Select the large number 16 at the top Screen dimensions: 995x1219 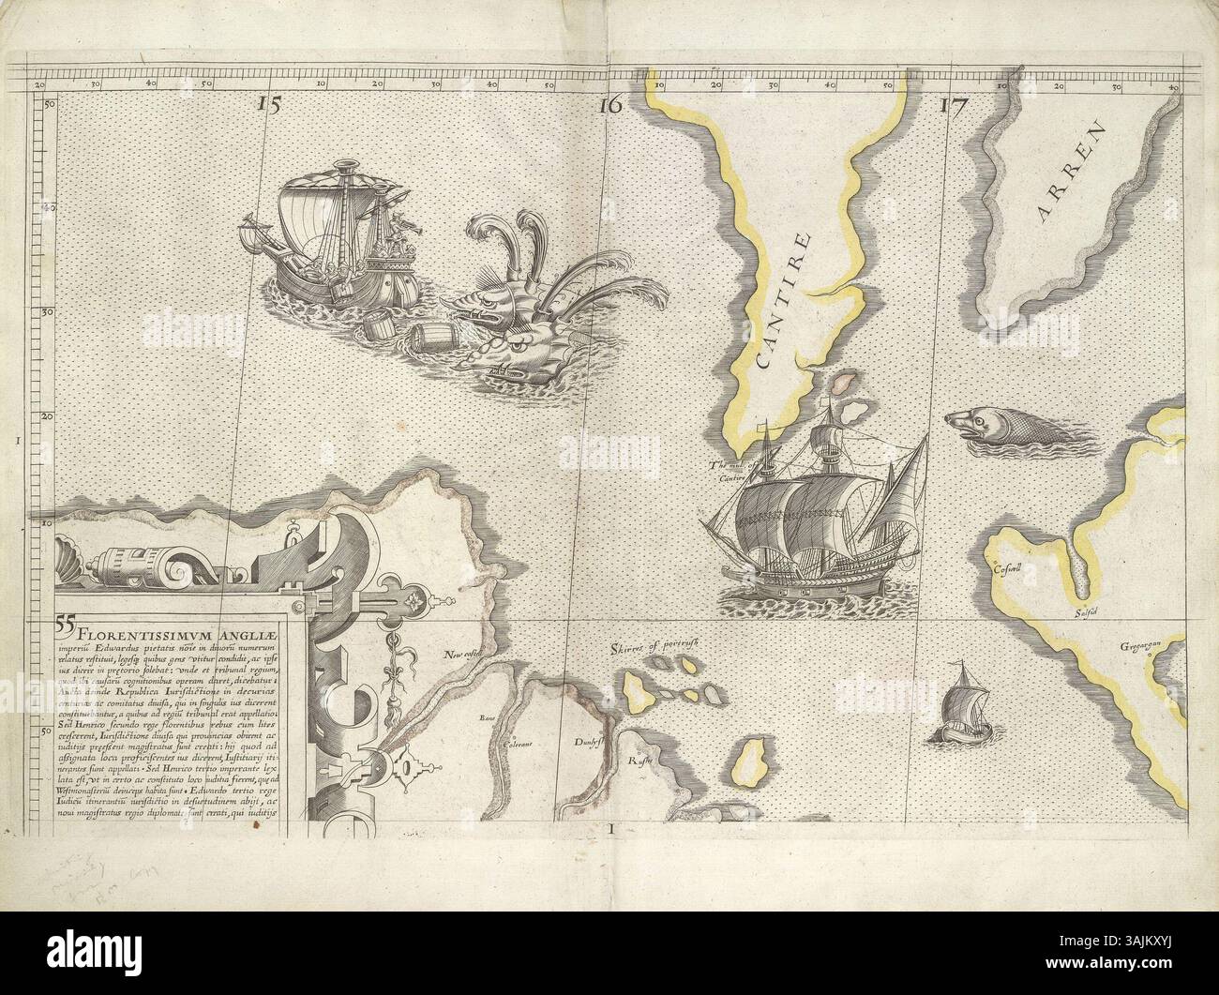tap(609, 105)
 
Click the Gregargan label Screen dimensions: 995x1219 tap(1140, 646)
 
